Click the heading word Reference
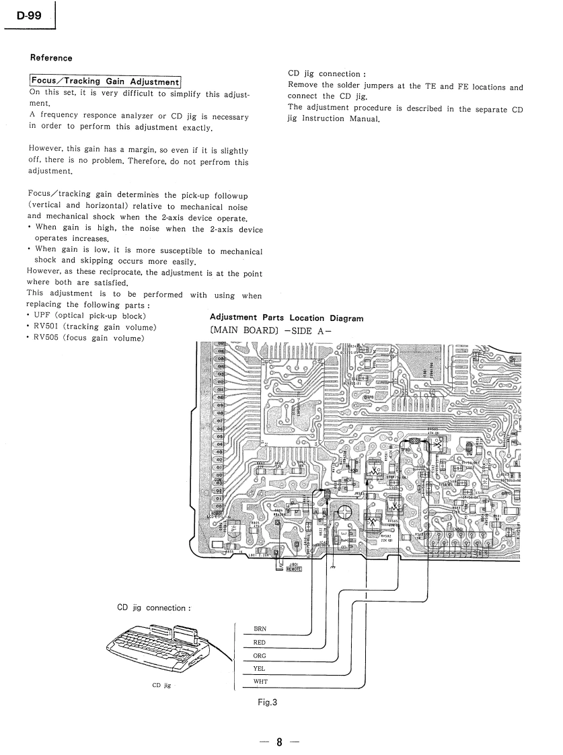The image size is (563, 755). pos(51,58)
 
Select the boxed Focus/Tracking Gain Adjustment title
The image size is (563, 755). pos(105,81)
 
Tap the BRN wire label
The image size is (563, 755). pos(260,629)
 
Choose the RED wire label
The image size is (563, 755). pos(259,643)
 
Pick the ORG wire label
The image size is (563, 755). pos(259,655)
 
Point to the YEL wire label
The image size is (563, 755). pos(259,669)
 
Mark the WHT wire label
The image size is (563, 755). pos(260,682)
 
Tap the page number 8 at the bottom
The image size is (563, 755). pos(278,742)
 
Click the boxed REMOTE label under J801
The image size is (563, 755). pos(293,569)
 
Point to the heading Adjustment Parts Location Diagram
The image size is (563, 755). pos(287,318)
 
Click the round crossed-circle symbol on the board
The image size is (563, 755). pos(343,513)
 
